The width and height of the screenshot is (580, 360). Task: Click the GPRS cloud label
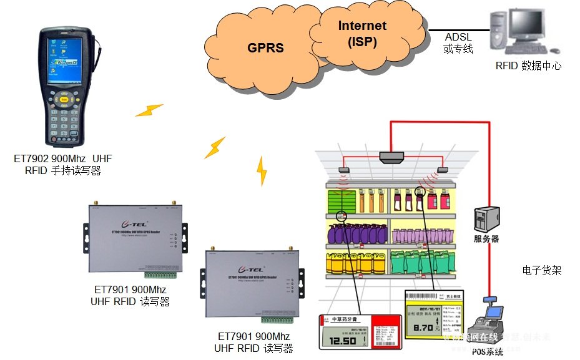(265, 47)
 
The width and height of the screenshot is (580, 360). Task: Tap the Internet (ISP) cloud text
(362, 34)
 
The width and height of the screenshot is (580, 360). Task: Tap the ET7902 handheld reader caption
(62, 165)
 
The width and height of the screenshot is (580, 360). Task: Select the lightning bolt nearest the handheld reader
(149, 110)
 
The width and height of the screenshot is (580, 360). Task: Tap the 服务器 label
(486, 239)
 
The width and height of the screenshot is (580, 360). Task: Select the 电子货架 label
(541, 270)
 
